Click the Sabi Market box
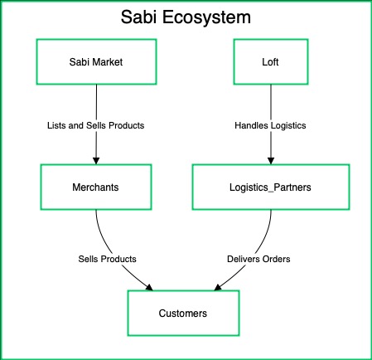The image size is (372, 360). coord(96,62)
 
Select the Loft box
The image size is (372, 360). coord(269,62)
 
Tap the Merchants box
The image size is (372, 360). coord(96,187)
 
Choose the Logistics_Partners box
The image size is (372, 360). coord(269,187)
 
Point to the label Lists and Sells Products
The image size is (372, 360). coord(96,125)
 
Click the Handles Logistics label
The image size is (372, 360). coord(269,125)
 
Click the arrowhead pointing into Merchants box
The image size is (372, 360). coord(96,160)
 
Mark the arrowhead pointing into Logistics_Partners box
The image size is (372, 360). coord(269,160)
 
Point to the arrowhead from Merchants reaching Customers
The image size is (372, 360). coord(151,287)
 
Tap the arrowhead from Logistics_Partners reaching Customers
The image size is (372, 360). coord(216,287)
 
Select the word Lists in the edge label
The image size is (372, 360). coord(56,125)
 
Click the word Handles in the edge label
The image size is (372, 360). coord(249,125)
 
